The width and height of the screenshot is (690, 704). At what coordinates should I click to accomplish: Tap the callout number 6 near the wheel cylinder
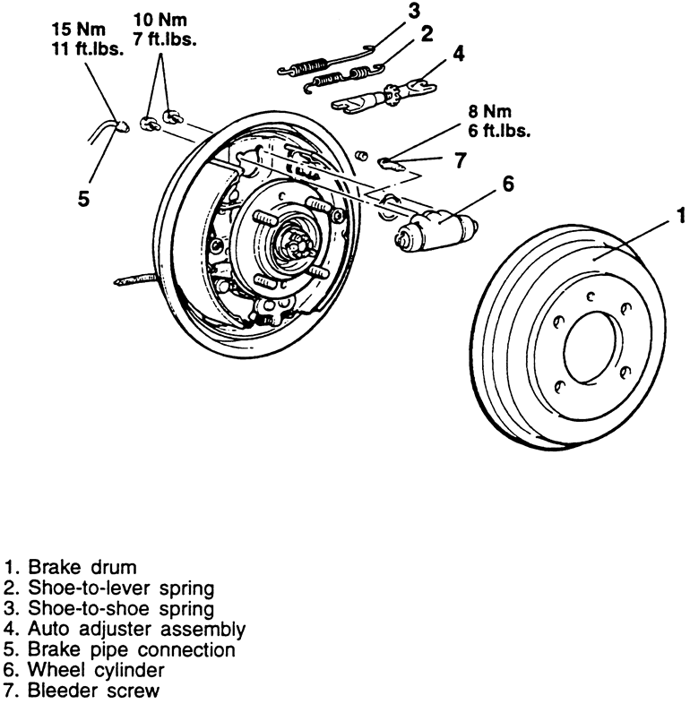pos(507,184)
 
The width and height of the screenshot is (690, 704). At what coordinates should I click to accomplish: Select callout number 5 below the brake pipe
pos(84,198)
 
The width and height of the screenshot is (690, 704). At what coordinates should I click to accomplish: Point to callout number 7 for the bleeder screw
pos(460,160)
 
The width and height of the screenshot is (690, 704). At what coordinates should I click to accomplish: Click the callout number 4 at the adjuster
pos(458,54)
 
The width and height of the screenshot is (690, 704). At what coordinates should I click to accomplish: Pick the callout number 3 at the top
pos(414,12)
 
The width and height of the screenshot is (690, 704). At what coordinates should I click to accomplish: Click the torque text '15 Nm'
pos(79,30)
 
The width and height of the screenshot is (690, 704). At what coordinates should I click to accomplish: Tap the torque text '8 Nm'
pos(489,111)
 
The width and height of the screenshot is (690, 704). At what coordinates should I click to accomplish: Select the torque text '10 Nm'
pos(160,20)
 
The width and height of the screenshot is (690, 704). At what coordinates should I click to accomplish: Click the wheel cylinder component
pos(436,231)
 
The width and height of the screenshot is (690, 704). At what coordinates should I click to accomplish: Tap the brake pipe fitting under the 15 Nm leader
pos(120,125)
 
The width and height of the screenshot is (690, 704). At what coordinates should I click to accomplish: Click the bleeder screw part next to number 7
pos(391,164)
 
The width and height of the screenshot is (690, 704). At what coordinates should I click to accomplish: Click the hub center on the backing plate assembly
pos(293,245)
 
